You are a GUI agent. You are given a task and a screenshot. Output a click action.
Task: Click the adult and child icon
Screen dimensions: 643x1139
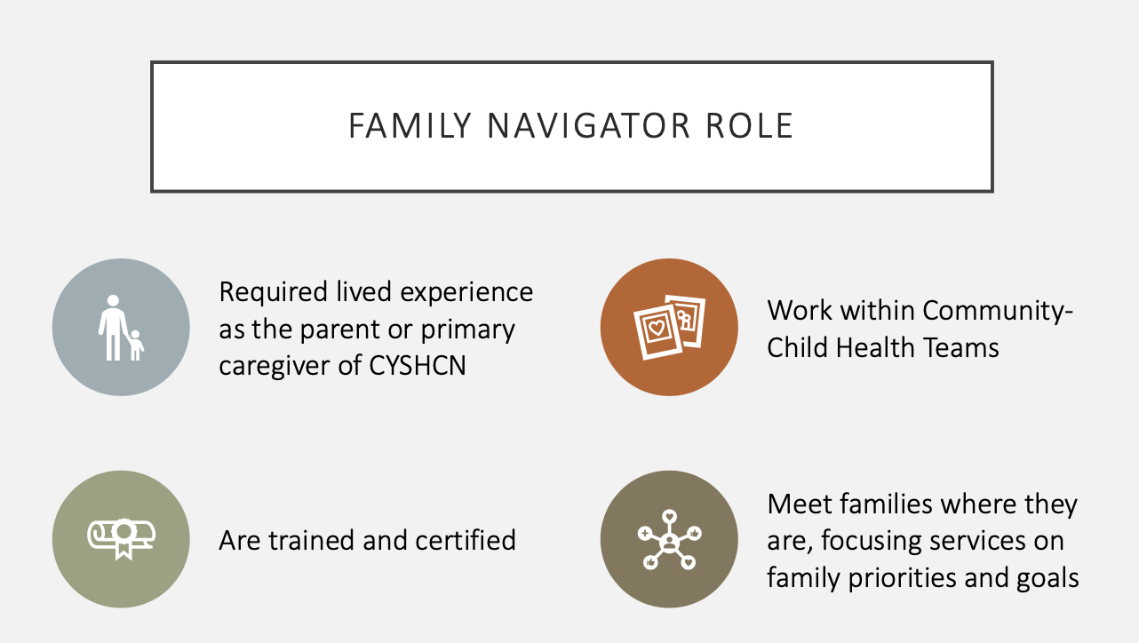(121, 328)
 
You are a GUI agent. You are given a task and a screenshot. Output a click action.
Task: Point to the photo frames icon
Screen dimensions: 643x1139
(668, 328)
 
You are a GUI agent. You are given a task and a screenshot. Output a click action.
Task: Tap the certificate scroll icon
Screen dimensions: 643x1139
(121, 539)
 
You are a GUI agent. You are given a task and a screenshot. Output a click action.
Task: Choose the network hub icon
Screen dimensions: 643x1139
(668, 539)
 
